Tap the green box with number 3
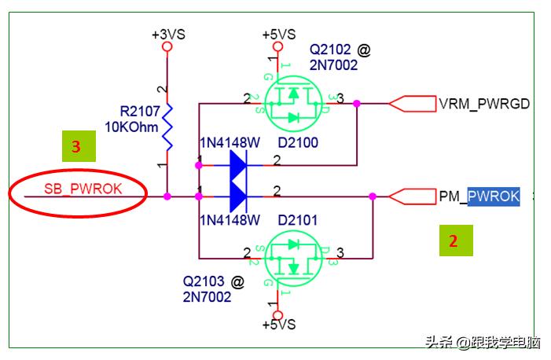(77, 147)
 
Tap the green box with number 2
(453, 241)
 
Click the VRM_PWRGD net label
(483, 104)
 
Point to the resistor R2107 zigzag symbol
(167, 126)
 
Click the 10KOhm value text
(132, 126)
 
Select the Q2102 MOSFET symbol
(294, 103)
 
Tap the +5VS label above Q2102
(278, 35)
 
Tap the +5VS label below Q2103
(278, 324)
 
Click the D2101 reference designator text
(298, 220)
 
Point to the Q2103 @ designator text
(213, 281)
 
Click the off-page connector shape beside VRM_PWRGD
(413, 104)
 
